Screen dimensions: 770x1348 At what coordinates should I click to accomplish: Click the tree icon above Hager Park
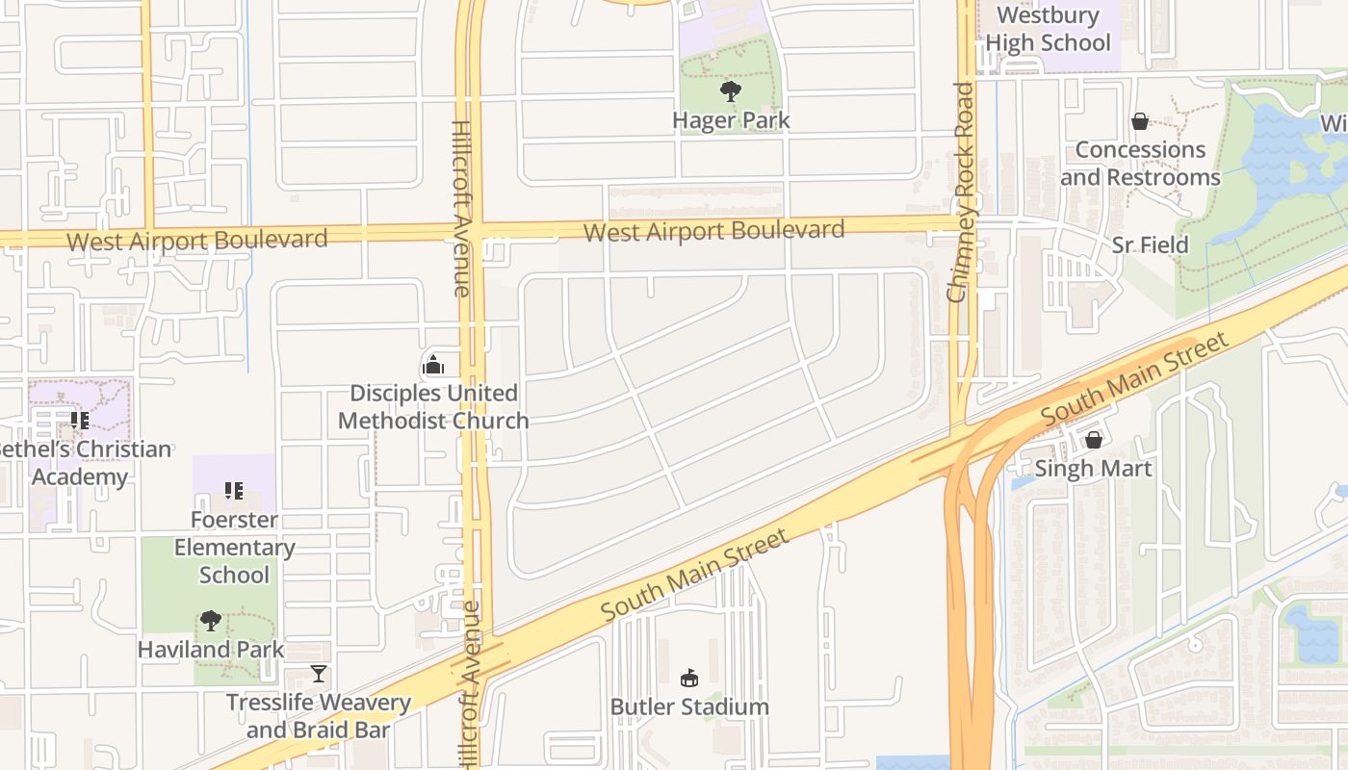click(731, 91)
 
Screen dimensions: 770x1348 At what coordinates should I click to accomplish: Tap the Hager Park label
click(731, 120)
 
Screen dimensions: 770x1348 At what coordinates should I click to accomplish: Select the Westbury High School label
click(1048, 29)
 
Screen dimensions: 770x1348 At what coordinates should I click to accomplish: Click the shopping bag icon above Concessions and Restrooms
click(1140, 121)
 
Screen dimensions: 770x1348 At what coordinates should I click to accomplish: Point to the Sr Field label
click(1150, 245)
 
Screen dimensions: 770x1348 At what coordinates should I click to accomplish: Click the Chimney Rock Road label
click(963, 192)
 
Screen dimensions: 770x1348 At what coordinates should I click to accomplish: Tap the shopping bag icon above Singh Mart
click(1093, 440)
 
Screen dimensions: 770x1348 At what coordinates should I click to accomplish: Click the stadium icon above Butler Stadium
click(688, 679)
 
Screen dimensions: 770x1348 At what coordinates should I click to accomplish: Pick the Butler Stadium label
click(689, 706)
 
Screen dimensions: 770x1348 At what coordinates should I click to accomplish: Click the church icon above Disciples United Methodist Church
click(433, 365)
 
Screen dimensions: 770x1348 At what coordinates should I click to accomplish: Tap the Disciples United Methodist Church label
click(433, 407)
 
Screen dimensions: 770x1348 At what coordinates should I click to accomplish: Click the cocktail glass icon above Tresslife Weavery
click(319, 674)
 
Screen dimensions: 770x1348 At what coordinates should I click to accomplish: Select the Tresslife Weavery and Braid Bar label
click(319, 716)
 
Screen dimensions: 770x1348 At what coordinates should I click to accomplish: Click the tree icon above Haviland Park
click(211, 621)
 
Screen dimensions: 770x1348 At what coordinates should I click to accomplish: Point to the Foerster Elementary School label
click(234, 547)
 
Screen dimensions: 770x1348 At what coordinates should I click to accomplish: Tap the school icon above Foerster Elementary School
click(234, 491)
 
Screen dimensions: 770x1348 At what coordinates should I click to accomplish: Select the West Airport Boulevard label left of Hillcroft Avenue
click(197, 240)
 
